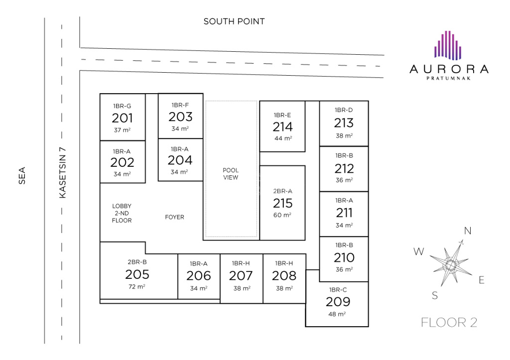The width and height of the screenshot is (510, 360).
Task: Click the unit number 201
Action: tap(123, 118)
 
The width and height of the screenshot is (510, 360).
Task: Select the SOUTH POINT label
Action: tap(234, 21)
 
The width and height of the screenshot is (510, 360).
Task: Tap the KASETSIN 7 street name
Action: tap(62, 173)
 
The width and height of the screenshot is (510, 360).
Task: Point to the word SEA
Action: tap(22, 176)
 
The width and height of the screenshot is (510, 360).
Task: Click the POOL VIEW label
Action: tap(231, 174)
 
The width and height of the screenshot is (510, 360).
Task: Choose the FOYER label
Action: tap(175, 217)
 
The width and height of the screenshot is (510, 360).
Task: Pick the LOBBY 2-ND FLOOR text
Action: tap(122, 213)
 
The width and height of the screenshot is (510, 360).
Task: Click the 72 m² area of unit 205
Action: tap(137, 286)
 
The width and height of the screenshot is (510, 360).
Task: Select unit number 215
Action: tap(283, 203)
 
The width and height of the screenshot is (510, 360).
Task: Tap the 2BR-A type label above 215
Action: tap(283, 191)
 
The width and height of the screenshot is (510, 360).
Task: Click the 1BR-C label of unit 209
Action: tap(338, 290)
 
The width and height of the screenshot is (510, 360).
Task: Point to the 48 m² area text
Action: tap(337, 314)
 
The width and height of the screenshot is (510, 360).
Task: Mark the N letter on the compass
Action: tap(468, 231)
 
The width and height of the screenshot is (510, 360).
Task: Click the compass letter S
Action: tap(435, 296)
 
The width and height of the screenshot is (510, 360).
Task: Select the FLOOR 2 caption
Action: tap(449, 323)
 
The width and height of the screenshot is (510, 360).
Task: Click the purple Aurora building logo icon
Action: tap(448, 45)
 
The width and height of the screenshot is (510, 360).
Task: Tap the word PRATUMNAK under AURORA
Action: tap(449, 78)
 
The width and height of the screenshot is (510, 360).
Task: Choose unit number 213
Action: tap(344, 123)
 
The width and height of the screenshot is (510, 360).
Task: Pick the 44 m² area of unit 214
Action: tap(283, 138)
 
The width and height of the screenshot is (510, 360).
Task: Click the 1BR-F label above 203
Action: tap(180, 105)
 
